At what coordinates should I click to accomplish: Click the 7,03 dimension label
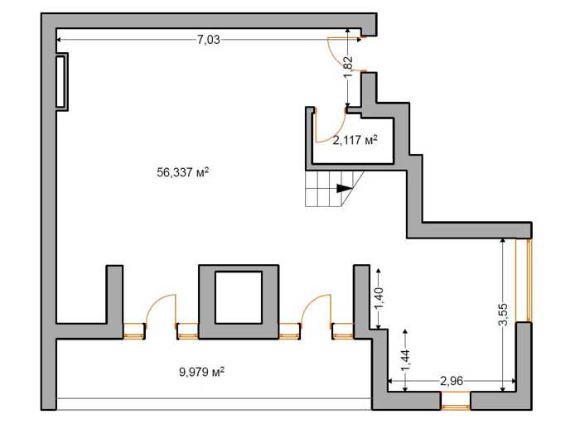208,40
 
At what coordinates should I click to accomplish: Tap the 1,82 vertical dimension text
348,67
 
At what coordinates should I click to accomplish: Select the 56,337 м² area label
183,172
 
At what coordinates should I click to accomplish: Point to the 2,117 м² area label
355,140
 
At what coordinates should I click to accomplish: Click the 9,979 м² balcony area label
202,372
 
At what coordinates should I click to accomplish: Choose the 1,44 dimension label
406,361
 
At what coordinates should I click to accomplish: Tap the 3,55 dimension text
503,315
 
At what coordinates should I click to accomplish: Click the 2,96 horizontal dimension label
452,381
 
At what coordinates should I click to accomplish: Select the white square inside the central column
239,297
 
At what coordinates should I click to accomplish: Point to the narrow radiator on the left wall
60,82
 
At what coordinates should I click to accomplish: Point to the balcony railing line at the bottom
214,398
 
